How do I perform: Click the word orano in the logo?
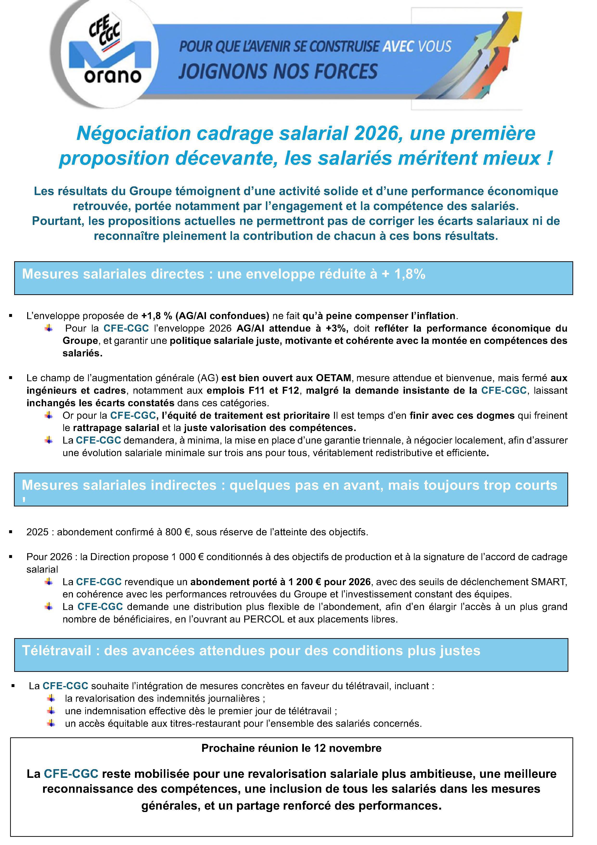[x=113, y=76]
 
